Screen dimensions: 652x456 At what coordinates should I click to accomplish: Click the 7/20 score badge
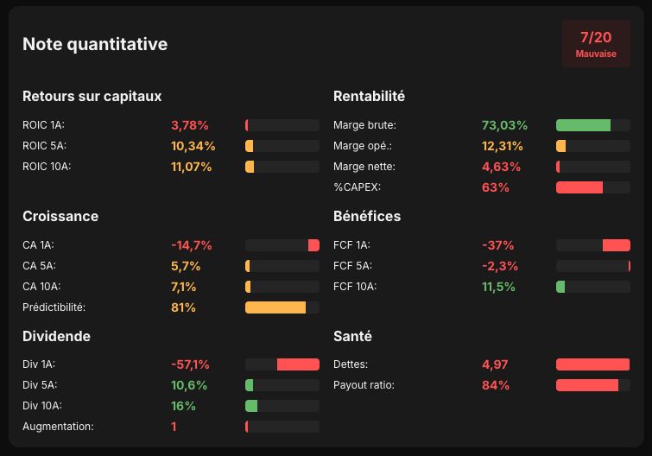pos(596,44)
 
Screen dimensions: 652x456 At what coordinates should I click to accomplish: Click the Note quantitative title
pos(95,44)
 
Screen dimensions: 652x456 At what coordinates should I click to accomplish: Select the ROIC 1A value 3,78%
pos(190,125)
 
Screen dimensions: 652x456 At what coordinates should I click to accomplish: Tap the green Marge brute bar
pos(583,125)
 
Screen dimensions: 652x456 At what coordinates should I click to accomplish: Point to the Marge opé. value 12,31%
pos(503,146)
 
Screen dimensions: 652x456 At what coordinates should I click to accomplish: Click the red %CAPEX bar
pos(579,187)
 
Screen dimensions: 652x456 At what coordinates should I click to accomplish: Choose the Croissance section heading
pos(60,216)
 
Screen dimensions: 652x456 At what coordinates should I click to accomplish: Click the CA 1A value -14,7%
pos(191,245)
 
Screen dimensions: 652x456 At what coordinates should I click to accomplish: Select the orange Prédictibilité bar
pos(275,307)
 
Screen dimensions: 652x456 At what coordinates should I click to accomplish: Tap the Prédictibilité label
pos(54,307)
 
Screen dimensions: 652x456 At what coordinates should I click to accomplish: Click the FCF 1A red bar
pos(617,245)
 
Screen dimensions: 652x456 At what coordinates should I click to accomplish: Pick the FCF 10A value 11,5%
pos(498,287)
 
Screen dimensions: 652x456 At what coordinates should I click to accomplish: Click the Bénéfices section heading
pos(367,216)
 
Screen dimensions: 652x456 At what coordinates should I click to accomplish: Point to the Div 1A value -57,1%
pos(191,364)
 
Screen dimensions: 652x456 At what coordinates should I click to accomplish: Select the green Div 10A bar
pos(251,406)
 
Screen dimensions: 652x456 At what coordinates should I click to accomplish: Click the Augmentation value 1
pos(174,427)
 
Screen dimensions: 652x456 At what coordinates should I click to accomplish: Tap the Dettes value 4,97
pos(495,364)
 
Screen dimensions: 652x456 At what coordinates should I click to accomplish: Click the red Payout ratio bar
pos(587,385)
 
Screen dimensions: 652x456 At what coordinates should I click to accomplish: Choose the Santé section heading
pos(352,336)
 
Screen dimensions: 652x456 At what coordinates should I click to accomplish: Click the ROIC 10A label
pos(47,167)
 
